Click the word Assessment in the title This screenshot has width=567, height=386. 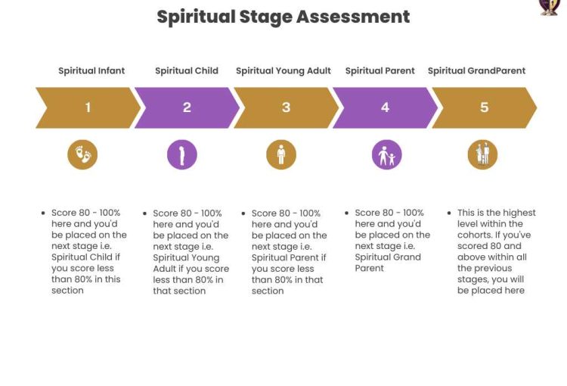pyautogui.click(x=353, y=17)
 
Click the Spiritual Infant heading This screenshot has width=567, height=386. pyautogui.click(x=91, y=70)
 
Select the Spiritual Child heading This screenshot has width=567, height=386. pyautogui.click(x=187, y=70)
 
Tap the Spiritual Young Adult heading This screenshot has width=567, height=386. pyautogui.click(x=283, y=71)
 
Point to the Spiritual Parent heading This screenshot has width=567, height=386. pyautogui.click(x=380, y=70)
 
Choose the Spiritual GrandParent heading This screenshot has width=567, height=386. pyautogui.click(x=476, y=70)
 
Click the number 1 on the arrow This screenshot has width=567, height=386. pyautogui.click(x=88, y=107)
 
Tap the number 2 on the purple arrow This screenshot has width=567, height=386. pyautogui.click(x=187, y=107)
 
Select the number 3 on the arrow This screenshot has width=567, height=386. pyautogui.click(x=286, y=107)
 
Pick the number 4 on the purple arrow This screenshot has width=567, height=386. pyautogui.click(x=385, y=107)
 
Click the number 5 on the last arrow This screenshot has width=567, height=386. pyautogui.click(x=484, y=107)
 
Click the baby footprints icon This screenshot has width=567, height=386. pyautogui.click(x=82, y=154)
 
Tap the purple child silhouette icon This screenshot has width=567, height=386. pyautogui.click(x=182, y=154)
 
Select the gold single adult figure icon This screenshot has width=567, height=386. pyautogui.click(x=281, y=154)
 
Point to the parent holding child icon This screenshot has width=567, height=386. pyautogui.click(x=386, y=154)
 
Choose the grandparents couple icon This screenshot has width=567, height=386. pyautogui.click(x=482, y=154)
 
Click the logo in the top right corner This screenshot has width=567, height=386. pyautogui.click(x=550, y=8)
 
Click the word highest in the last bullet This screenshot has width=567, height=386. pyautogui.click(x=519, y=213)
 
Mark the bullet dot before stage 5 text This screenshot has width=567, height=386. pyautogui.click(x=449, y=213)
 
